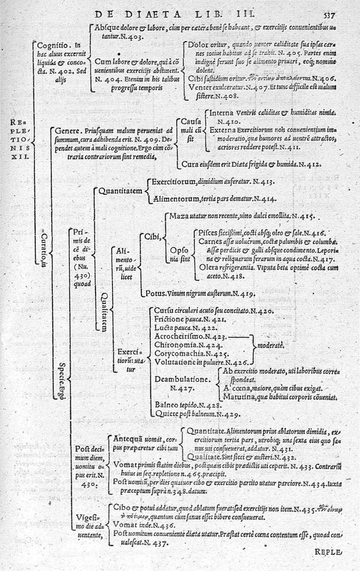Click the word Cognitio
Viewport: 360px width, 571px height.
click(52, 45)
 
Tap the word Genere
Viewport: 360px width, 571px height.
click(67, 131)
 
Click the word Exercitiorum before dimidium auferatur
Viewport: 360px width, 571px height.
click(173, 183)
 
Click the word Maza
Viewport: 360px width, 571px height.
click(179, 216)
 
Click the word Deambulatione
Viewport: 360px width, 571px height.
click(182, 380)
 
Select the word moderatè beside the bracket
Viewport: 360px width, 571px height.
click(270, 346)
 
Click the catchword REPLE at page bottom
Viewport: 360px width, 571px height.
click(328, 553)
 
